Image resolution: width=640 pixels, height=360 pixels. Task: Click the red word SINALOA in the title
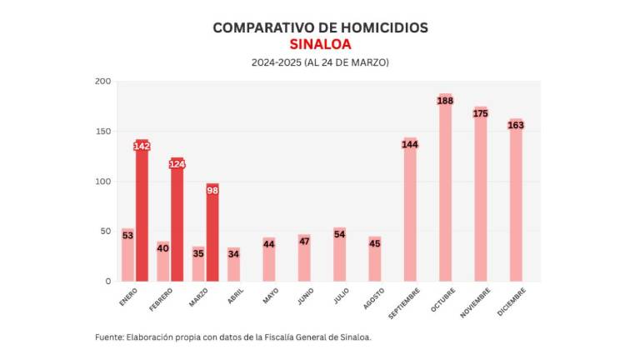(x=320, y=44)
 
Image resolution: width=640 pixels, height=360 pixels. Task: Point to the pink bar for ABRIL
(x=234, y=265)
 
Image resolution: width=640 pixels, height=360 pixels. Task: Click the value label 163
(x=516, y=125)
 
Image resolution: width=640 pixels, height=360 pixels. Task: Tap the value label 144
(x=410, y=144)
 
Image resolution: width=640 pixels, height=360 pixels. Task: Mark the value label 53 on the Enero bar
(x=127, y=236)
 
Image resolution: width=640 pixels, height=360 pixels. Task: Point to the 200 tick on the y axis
(x=103, y=81)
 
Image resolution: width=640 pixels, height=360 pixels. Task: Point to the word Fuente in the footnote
(x=108, y=337)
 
